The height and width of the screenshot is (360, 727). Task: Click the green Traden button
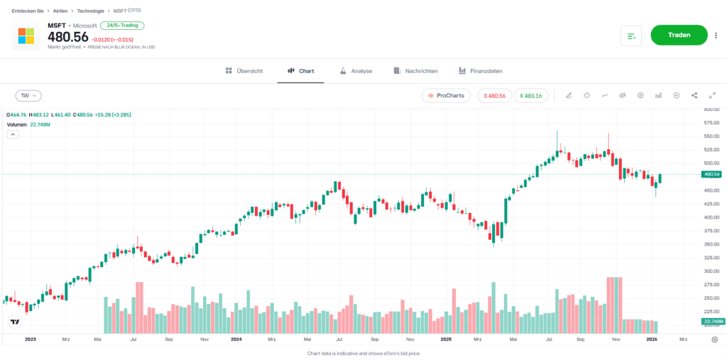tap(679, 35)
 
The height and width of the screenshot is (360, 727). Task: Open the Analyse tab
tap(356, 71)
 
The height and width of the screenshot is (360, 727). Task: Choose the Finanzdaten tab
tap(481, 71)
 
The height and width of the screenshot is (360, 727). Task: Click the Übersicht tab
tap(244, 71)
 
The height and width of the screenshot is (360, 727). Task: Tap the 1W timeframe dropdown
tap(29, 95)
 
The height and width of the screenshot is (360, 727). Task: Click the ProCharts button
tap(446, 95)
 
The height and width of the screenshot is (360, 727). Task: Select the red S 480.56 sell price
tap(494, 95)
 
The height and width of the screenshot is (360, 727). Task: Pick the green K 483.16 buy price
tap(530, 95)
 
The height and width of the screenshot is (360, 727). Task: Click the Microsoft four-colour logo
tap(26, 36)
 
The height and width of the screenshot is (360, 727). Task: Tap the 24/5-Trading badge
tap(123, 26)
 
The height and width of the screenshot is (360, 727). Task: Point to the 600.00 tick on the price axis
tap(711, 109)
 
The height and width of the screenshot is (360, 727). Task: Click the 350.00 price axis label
tap(711, 244)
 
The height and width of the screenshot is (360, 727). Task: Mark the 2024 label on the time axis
tap(236, 339)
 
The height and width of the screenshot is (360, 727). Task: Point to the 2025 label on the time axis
tap(445, 339)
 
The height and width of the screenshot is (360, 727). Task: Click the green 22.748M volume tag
tap(712, 322)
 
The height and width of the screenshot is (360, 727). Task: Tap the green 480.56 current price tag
tap(711, 174)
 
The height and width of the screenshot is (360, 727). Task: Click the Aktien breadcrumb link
tap(60, 11)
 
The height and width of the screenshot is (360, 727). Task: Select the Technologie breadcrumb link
tap(91, 11)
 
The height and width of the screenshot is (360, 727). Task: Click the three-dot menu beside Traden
tap(716, 35)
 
